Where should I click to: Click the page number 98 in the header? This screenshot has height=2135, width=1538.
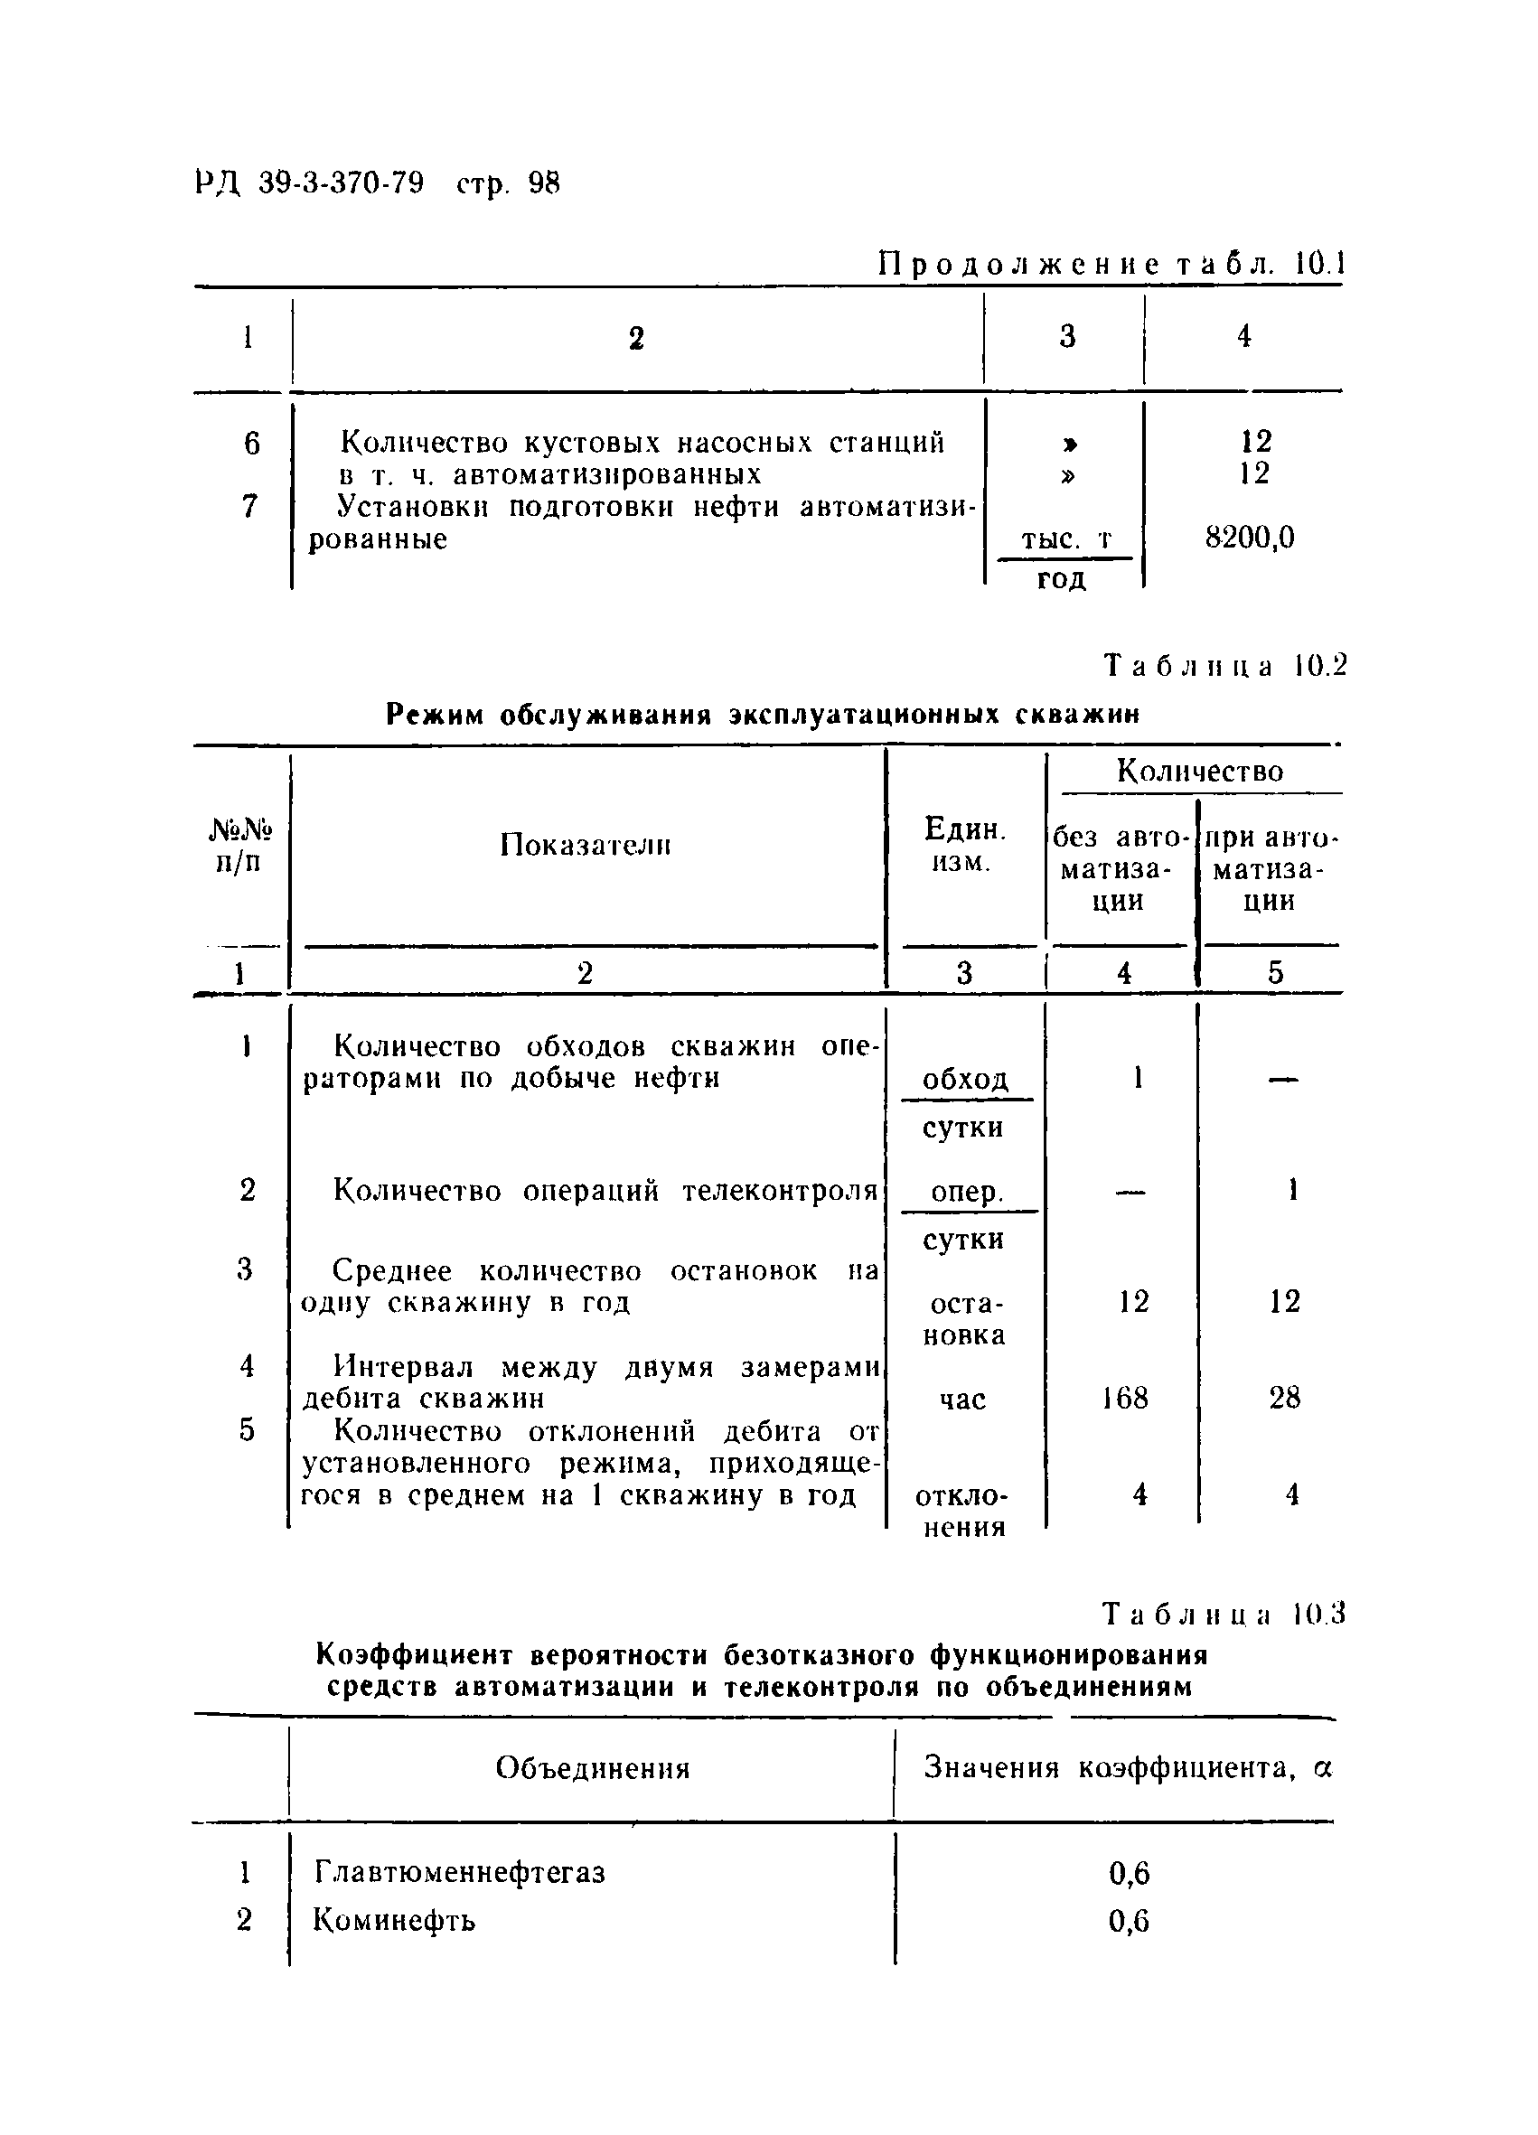544,183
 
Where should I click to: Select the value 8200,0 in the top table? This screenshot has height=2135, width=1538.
1249,538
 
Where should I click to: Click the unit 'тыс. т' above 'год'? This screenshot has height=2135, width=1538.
1066,539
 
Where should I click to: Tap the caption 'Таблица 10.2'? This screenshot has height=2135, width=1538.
1225,666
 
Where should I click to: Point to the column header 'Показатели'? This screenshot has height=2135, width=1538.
585,845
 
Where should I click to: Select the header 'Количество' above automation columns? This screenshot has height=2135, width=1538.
1199,771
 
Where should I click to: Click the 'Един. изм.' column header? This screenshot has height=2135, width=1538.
964,845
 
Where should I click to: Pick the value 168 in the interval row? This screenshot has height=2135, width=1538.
1125,1398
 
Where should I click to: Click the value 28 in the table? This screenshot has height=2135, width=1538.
1284,1398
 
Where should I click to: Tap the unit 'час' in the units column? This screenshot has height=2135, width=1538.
962,1400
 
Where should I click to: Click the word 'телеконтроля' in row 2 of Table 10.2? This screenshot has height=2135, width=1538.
779,1191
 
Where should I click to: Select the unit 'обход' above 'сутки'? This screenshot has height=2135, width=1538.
965,1079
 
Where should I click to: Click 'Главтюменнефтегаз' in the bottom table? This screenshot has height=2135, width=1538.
459,1872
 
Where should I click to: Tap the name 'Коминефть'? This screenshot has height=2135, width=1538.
393,1919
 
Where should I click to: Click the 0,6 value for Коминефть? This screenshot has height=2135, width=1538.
1129,1920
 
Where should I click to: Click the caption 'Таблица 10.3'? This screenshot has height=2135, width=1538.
1224,1615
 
